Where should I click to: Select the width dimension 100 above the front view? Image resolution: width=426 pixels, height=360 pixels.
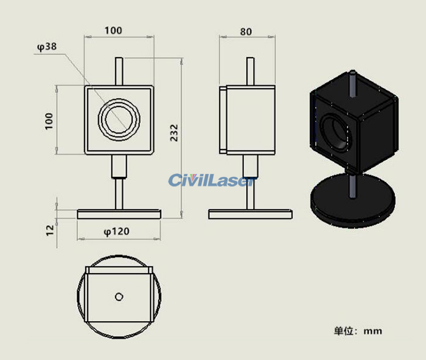click(x=113, y=30)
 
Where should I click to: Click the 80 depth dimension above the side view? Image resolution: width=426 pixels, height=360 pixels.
click(x=246, y=32)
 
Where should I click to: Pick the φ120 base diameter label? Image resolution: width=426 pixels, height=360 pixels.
click(x=116, y=231)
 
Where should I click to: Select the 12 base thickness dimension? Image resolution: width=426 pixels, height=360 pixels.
click(x=50, y=229)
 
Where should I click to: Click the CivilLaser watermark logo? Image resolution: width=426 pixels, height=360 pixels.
click(x=210, y=181)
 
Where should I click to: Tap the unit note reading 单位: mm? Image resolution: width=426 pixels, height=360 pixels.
click(x=358, y=331)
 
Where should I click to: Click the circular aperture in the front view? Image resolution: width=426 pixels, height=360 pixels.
click(x=119, y=120)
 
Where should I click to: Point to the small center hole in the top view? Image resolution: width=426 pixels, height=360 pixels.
click(x=119, y=296)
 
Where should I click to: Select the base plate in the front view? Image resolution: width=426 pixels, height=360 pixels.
click(x=119, y=214)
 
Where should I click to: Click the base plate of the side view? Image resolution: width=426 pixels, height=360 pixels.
click(x=250, y=214)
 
